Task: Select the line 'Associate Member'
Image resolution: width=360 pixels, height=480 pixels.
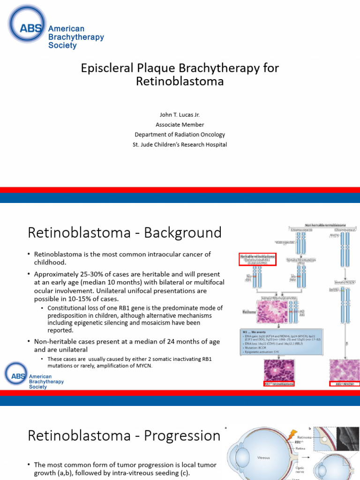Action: point(180,125)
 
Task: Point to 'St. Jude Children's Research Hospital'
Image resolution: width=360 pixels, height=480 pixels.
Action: point(180,144)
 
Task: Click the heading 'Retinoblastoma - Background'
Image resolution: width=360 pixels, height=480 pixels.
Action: point(125,232)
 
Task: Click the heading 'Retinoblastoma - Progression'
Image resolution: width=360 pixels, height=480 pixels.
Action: point(124,436)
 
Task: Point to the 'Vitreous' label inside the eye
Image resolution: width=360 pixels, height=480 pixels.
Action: point(263,455)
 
